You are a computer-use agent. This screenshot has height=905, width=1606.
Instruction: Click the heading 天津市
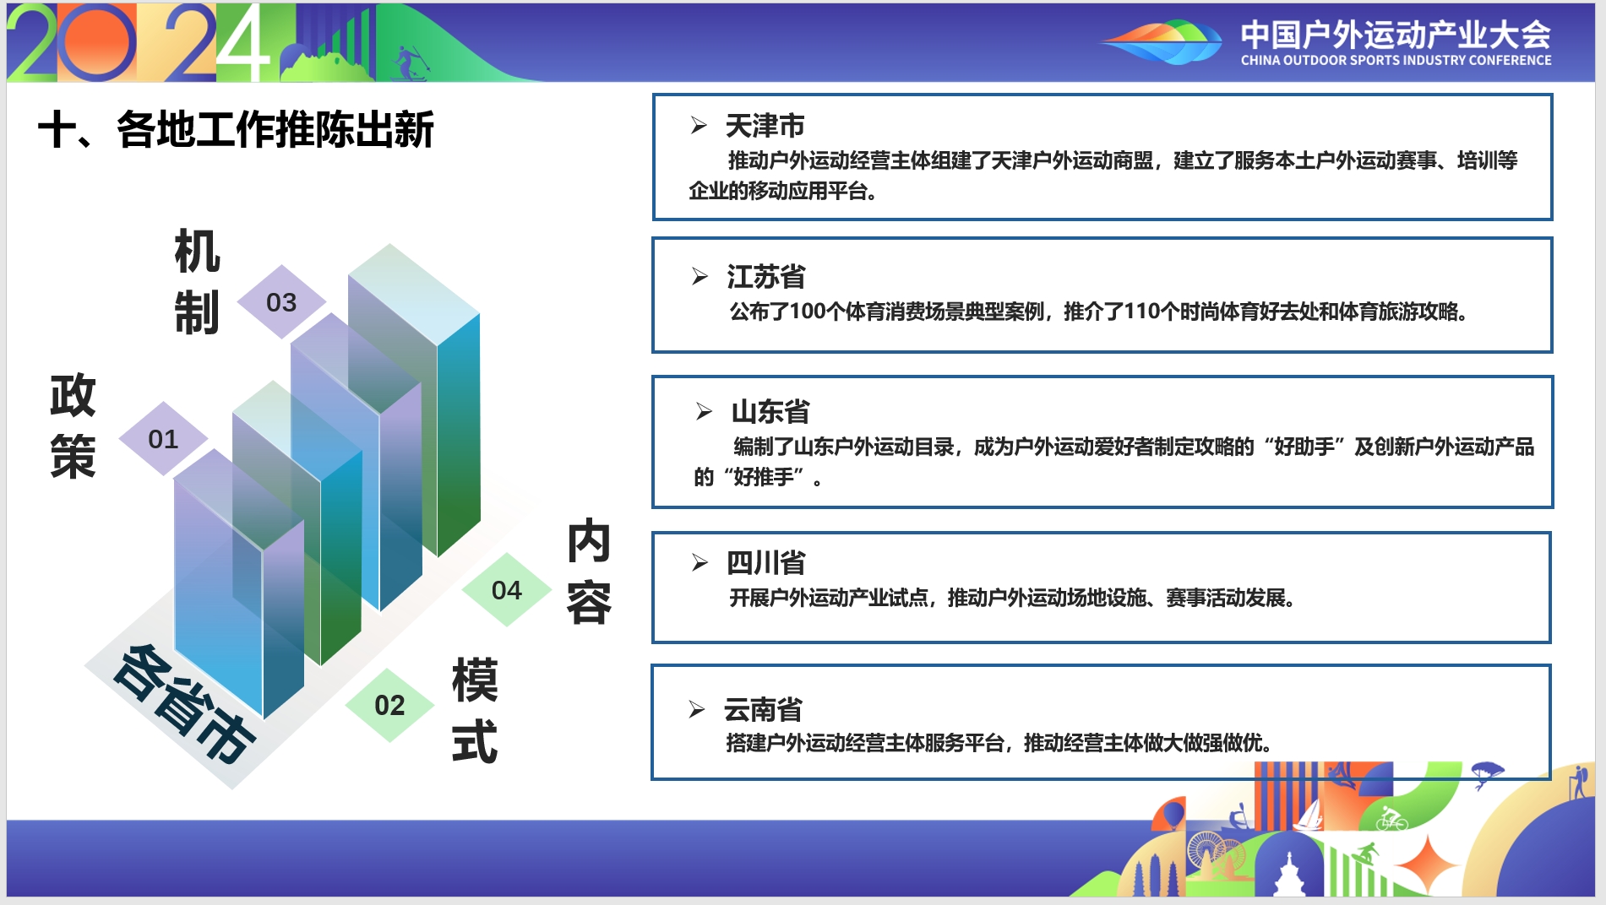pyautogui.click(x=765, y=126)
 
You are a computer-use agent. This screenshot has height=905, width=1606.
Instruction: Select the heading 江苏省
pyautogui.click(x=766, y=277)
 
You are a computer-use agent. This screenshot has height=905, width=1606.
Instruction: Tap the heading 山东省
pyautogui.click(x=770, y=412)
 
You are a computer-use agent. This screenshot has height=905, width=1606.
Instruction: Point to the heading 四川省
pyautogui.click(x=766, y=563)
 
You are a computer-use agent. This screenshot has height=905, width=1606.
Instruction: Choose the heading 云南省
pyautogui.click(x=763, y=710)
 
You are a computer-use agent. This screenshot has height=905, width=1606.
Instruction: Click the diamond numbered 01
pyautogui.click(x=163, y=438)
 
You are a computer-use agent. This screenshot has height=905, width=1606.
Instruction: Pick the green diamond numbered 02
pyautogui.click(x=389, y=705)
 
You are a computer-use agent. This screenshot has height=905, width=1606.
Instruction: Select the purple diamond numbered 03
pyautogui.click(x=281, y=302)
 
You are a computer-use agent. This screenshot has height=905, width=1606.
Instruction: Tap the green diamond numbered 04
pyautogui.click(x=507, y=590)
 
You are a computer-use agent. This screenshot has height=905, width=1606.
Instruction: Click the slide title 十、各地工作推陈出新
pyautogui.click(x=236, y=130)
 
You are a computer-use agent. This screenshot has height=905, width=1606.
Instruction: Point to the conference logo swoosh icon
pyautogui.click(x=1162, y=41)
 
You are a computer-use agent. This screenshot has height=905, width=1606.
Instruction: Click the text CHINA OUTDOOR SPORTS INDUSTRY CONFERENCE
pyautogui.click(x=1396, y=61)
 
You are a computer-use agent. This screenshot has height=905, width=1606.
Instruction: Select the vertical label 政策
pyautogui.click(x=73, y=426)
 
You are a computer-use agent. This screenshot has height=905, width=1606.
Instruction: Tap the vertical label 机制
pyautogui.click(x=197, y=282)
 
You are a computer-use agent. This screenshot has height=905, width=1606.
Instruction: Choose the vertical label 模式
pyautogui.click(x=475, y=711)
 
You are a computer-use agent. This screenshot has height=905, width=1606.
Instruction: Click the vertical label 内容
pyautogui.click(x=589, y=572)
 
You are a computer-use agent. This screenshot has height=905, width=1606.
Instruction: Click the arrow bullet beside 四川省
pyautogui.click(x=700, y=562)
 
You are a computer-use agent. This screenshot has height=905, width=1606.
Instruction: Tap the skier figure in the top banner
pyautogui.click(x=411, y=62)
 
